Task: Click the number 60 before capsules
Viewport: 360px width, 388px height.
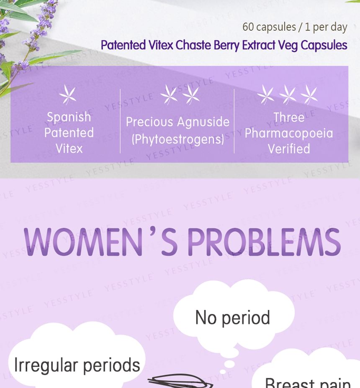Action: click(248, 27)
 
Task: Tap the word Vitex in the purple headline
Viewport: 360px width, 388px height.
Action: click(161, 45)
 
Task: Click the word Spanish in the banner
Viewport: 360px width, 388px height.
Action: click(69, 117)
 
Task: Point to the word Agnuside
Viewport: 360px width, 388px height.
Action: click(203, 122)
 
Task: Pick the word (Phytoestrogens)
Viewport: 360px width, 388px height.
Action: click(177, 139)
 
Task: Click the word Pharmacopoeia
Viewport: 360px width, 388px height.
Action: click(289, 133)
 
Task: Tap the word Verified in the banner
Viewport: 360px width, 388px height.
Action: click(289, 149)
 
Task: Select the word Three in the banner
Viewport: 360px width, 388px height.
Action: click(289, 117)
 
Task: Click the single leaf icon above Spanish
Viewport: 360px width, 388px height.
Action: click(68, 94)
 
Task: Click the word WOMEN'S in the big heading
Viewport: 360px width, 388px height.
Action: click(100, 242)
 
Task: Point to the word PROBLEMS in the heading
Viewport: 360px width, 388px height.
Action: click(264, 242)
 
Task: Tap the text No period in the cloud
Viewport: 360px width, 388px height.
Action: click(232, 318)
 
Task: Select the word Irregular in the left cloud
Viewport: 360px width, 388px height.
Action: click(46, 366)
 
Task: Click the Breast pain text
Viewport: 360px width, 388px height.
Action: click(308, 383)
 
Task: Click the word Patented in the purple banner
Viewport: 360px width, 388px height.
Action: click(69, 133)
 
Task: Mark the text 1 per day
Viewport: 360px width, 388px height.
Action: click(326, 27)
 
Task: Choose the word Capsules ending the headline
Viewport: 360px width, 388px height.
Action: click(324, 46)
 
